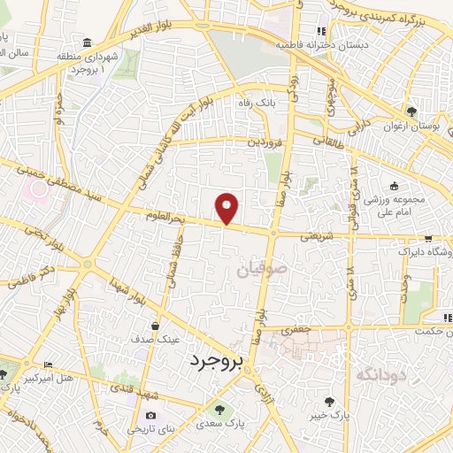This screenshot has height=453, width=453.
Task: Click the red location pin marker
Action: (227, 207)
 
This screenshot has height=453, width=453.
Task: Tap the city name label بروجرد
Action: (216, 361)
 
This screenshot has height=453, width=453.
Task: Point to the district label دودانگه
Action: (380, 376)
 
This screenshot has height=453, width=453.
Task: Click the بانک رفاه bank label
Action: (256, 104)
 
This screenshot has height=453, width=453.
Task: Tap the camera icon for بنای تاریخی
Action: (150, 416)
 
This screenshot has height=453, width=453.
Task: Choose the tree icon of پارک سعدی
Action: (219, 409)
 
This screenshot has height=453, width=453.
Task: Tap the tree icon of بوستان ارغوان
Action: (411, 111)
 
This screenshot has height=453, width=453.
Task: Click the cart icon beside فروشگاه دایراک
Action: (427, 238)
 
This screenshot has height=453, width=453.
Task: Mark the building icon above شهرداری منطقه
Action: (86, 43)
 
